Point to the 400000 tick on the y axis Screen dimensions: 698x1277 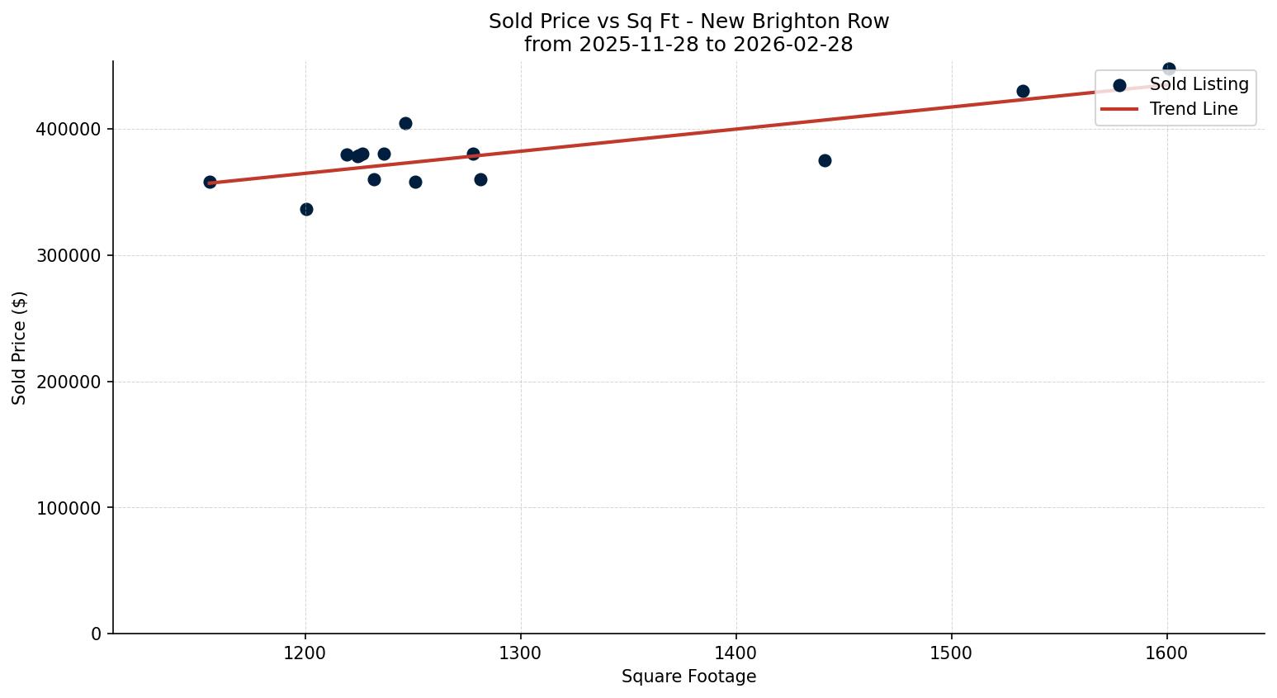click(x=69, y=130)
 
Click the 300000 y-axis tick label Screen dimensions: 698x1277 click(x=69, y=256)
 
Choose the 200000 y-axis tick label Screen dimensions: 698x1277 click(x=69, y=382)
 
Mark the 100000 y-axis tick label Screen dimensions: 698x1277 click(x=69, y=508)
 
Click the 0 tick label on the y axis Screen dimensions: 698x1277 click(x=97, y=634)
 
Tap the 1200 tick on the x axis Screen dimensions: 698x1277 click(x=305, y=653)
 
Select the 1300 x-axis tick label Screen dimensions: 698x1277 click(x=521, y=653)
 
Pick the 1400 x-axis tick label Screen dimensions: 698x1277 click(x=736, y=653)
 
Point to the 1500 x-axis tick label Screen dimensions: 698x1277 click(x=952, y=653)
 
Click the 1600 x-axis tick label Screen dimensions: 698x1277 click(x=1166, y=653)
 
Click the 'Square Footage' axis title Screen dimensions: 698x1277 click(x=688, y=677)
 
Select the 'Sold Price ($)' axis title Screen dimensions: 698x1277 click(x=20, y=348)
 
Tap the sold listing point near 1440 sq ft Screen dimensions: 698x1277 click(x=825, y=160)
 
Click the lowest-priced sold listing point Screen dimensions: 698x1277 click(x=306, y=209)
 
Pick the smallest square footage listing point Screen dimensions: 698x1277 click(x=210, y=182)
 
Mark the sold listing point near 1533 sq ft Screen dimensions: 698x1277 click(x=1023, y=91)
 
